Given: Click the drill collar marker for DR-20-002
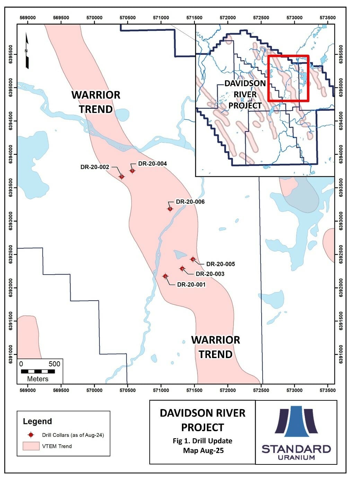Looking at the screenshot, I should point(122,177).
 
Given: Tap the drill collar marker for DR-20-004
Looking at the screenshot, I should point(132,171).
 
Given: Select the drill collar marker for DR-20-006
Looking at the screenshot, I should point(170,209).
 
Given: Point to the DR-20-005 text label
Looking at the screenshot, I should point(220,264).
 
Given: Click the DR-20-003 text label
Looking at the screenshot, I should point(210,274).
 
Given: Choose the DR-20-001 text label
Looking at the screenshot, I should point(191,284).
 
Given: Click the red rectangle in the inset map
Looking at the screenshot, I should point(288,78).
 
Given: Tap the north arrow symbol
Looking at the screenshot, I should point(27,51).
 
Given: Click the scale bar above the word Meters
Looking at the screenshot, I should point(38,371).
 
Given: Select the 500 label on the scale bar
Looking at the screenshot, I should point(54,364).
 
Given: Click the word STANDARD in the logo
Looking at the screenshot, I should point(296,449).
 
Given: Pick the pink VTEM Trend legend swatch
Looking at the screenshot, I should point(31,446).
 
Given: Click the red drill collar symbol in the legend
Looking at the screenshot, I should point(31,435).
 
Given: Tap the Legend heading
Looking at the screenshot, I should point(37,421).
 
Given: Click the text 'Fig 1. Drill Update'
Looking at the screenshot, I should point(202,441).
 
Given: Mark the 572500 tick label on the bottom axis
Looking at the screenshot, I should point(261,390).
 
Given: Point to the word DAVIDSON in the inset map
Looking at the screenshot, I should point(245,83).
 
